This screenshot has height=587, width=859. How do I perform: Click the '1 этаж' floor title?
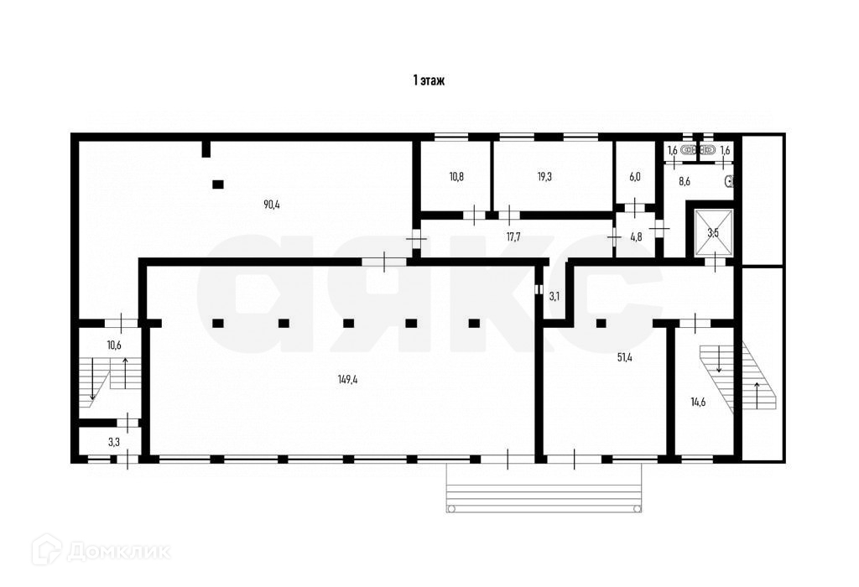coord(428,81)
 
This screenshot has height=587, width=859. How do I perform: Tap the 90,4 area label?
coord(271,204)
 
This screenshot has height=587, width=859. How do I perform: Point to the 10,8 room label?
coord(456,176)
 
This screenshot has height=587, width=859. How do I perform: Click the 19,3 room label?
coord(544,176)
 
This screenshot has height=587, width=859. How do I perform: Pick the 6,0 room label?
coord(635,176)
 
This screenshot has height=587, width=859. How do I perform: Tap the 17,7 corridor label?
coord(514,236)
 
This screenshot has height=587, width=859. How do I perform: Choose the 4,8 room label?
coord(636,236)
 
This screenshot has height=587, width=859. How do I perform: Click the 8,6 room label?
coord(685,181)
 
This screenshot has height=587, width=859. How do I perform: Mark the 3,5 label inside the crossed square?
coord(713,232)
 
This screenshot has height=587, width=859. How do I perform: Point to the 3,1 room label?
coord(554,296)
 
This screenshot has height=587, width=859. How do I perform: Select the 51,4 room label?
coord(624,357)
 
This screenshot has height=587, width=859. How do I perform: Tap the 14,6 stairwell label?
coord(698,402)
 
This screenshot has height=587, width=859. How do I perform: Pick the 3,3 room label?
coord(113,440)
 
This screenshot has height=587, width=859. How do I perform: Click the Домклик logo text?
coord(117,552)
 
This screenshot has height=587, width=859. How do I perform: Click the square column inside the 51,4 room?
coord(601,322)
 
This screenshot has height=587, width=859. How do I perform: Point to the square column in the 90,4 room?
coord(218,184)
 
